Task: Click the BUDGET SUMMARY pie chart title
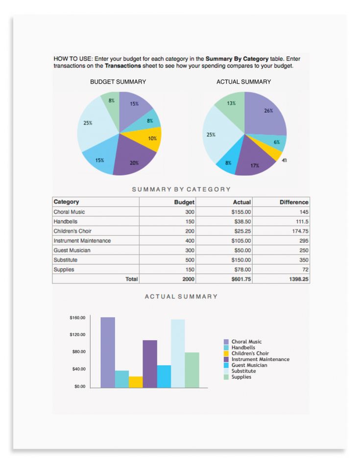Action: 118,82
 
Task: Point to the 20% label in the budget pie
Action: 134,163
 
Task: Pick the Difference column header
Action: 294,202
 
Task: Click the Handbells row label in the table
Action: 66,221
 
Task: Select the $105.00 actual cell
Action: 241,241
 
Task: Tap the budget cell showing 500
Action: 190,260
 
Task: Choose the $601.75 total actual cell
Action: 241,279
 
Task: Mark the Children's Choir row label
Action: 72,231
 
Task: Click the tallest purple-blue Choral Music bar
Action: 108,352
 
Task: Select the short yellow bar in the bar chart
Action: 136,382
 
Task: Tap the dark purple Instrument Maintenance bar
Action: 150,364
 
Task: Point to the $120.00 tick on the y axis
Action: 77,335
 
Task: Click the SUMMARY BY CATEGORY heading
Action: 181,189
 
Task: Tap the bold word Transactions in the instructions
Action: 123,66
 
